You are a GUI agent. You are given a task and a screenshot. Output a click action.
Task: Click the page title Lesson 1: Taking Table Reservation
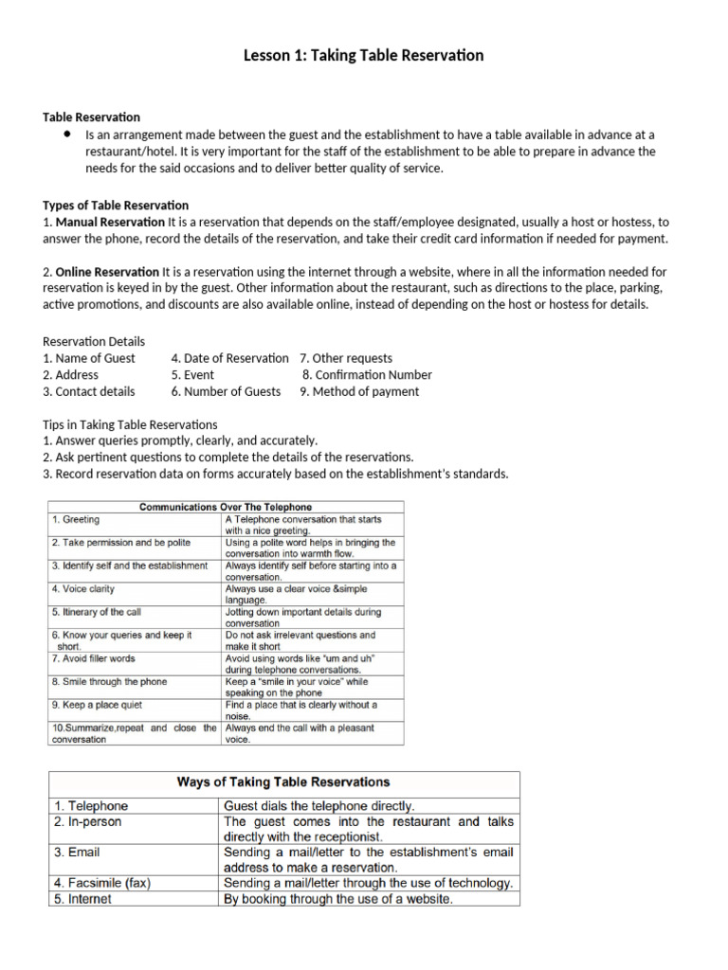tap(364, 55)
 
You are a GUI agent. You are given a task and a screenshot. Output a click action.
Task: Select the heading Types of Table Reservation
tap(116, 205)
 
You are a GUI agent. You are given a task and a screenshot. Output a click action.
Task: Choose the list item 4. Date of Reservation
tap(229, 358)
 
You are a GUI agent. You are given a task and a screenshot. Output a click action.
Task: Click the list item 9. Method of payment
tap(359, 391)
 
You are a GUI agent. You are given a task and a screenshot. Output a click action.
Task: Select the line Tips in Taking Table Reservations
tap(130, 424)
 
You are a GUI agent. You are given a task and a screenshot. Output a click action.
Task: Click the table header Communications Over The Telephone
tap(226, 507)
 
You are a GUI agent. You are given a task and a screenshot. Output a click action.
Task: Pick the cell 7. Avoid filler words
tap(94, 658)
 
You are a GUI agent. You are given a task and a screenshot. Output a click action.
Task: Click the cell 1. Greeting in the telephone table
tap(76, 519)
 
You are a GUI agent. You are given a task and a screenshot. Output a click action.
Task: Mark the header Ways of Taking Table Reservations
tap(283, 781)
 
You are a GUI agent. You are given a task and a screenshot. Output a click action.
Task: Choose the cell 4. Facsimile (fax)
tap(101, 883)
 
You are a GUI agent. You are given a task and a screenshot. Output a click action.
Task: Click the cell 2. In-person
tap(87, 822)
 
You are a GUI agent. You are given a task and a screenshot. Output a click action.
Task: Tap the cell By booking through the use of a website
tap(337, 899)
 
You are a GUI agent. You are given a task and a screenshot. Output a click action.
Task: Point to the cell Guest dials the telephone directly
tap(318, 806)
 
